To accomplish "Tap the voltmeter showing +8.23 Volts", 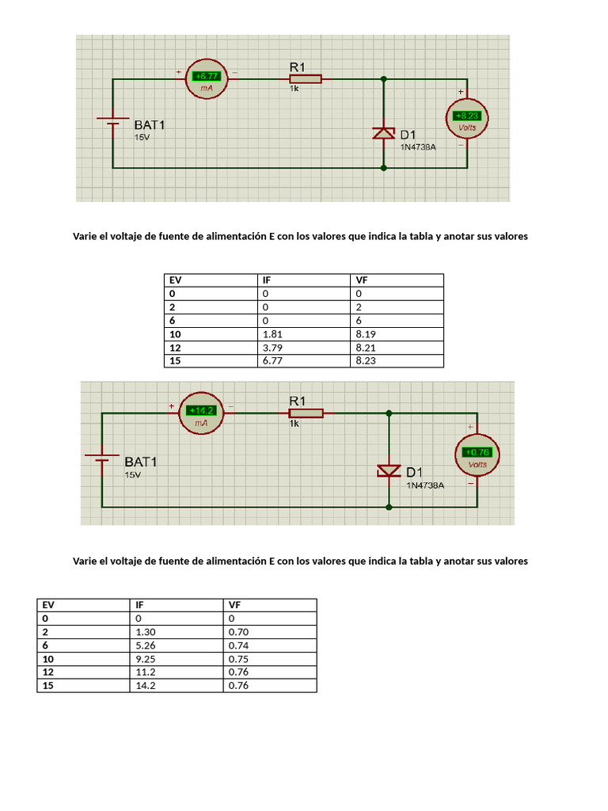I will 468,120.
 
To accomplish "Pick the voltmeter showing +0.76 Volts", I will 477,455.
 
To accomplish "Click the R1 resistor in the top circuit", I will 305,78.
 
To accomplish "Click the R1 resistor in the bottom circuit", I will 306,413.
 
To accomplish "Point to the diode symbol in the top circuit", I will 384,133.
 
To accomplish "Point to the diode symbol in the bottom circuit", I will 389,470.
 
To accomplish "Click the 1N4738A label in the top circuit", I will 417,147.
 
